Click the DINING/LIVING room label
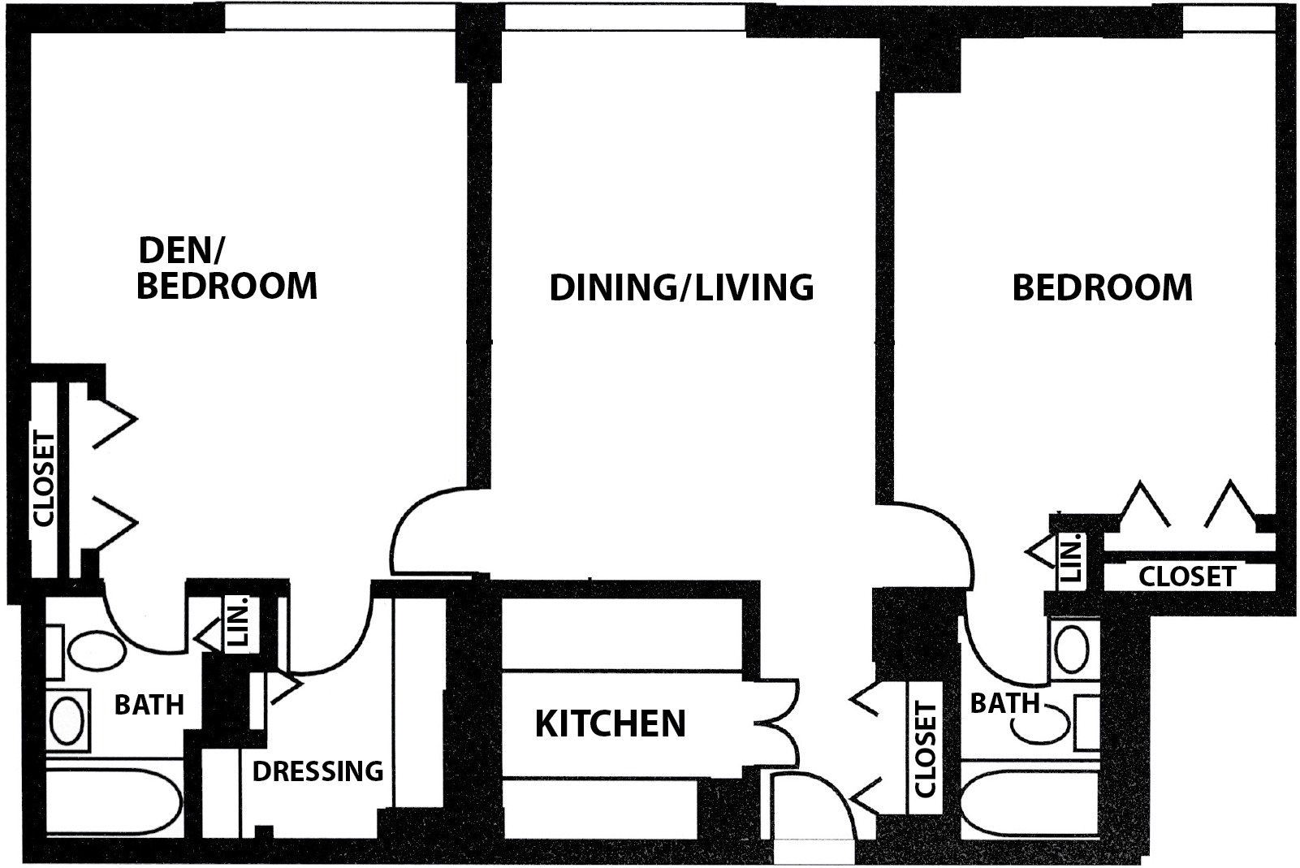681,287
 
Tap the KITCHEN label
610,723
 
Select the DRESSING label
318,771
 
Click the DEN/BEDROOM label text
227,268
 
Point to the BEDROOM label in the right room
1102,287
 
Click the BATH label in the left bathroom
149,705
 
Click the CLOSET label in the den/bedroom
44,479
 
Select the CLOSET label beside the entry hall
925,749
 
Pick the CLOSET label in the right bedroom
1187,577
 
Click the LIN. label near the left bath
238,621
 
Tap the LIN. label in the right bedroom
1071,558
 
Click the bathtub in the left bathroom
114,801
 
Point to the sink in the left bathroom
67,720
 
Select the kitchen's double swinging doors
778,723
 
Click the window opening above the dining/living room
624,17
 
